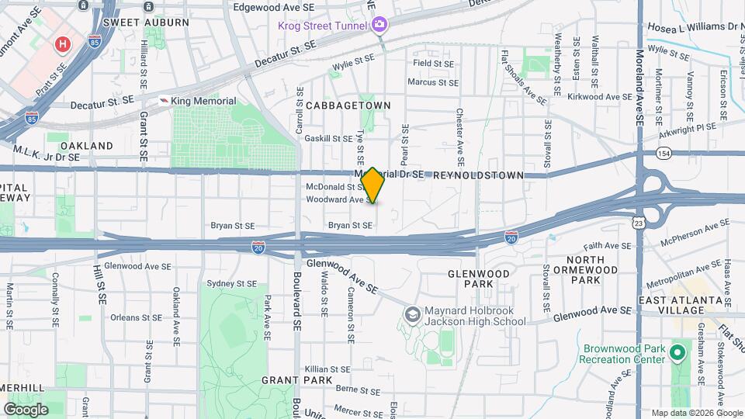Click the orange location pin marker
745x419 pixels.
pyautogui.click(x=372, y=185)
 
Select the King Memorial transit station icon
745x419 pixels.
pyautogui.click(x=164, y=101)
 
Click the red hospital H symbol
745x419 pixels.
pyautogui.click(x=63, y=44)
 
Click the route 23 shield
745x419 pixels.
pyautogui.click(x=638, y=223)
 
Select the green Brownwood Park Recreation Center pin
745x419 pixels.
pyautogui.click(x=677, y=353)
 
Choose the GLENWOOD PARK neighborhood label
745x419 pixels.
pyautogui.click(x=479, y=279)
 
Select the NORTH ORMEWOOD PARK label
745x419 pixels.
pyautogui.click(x=595, y=269)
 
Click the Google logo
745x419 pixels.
pyautogui.click(x=26, y=409)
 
